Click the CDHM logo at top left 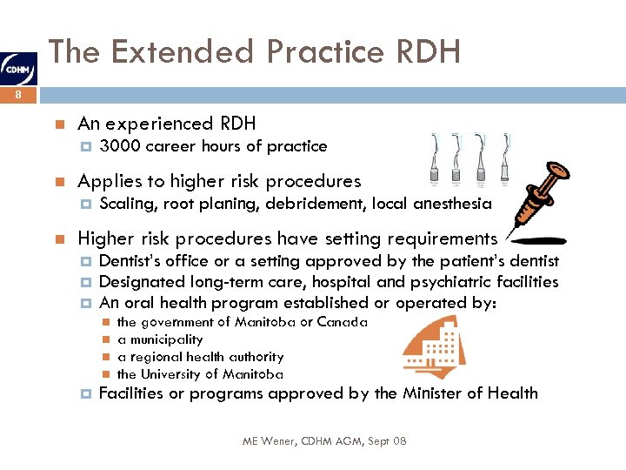click(18, 65)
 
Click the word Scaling click(127, 204)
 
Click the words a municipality click(160, 339)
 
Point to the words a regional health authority click(201, 357)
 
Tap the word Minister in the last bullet click(435, 393)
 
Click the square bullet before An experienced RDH click(57, 124)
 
